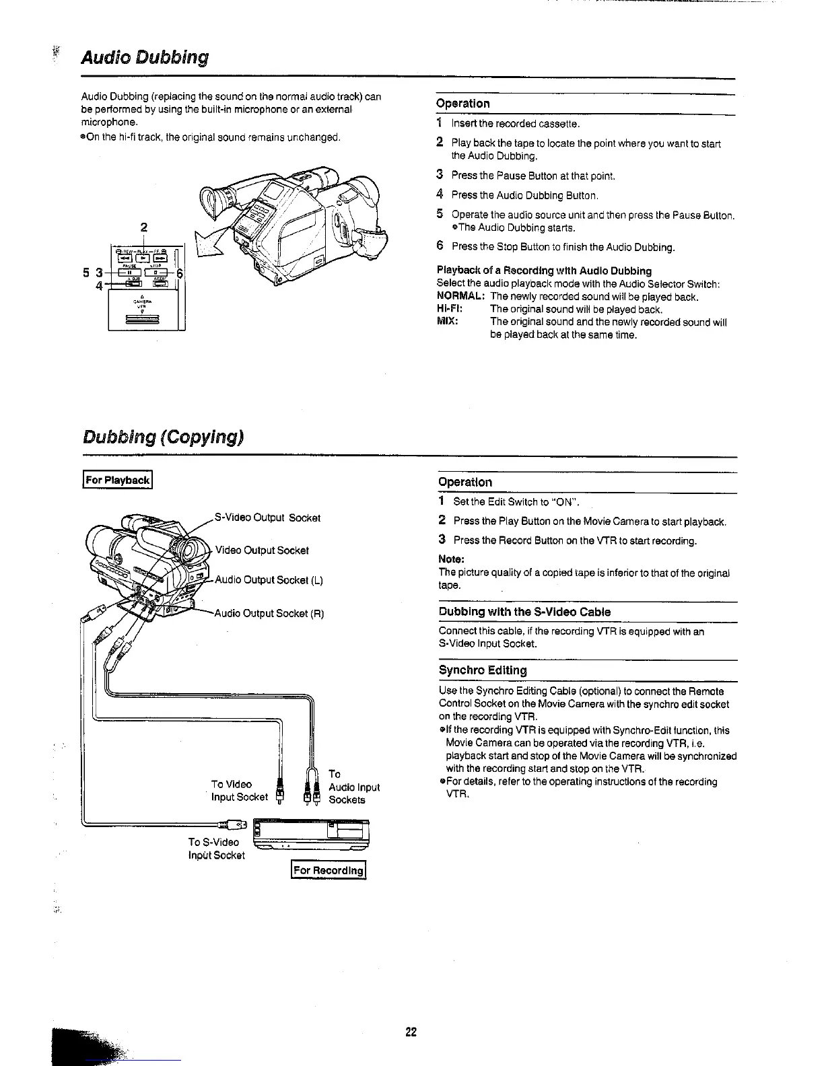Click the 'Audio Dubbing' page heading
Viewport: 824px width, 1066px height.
(x=144, y=57)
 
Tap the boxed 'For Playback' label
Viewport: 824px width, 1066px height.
(x=118, y=480)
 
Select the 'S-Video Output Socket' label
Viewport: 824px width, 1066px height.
(x=267, y=518)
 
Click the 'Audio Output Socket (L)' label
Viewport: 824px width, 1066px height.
(x=269, y=579)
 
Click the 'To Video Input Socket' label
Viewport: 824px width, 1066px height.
(x=238, y=791)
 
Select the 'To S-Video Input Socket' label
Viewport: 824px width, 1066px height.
(x=216, y=849)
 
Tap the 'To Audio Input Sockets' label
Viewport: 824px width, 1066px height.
(x=353, y=787)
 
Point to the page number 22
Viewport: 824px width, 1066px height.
(x=411, y=1032)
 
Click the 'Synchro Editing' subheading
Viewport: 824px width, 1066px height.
(x=482, y=670)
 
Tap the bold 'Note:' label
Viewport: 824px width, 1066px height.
(x=451, y=559)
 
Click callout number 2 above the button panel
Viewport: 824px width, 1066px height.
(x=144, y=226)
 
